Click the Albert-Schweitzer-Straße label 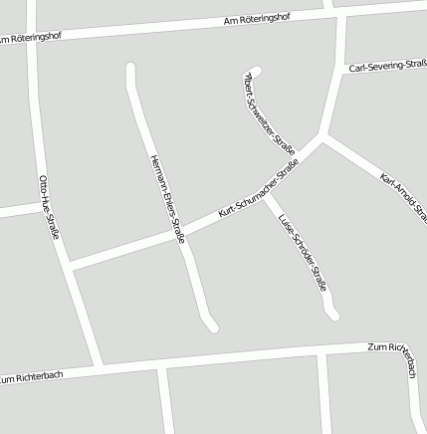click(269, 111)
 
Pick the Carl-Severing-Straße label click(388, 67)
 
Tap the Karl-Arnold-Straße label click(403, 197)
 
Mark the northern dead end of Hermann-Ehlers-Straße click(129, 69)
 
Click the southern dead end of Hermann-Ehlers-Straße click(212, 325)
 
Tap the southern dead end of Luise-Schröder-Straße click(333, 316)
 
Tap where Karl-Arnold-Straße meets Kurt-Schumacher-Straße click(323, 136)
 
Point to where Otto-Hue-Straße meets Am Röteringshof click(33, 37)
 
